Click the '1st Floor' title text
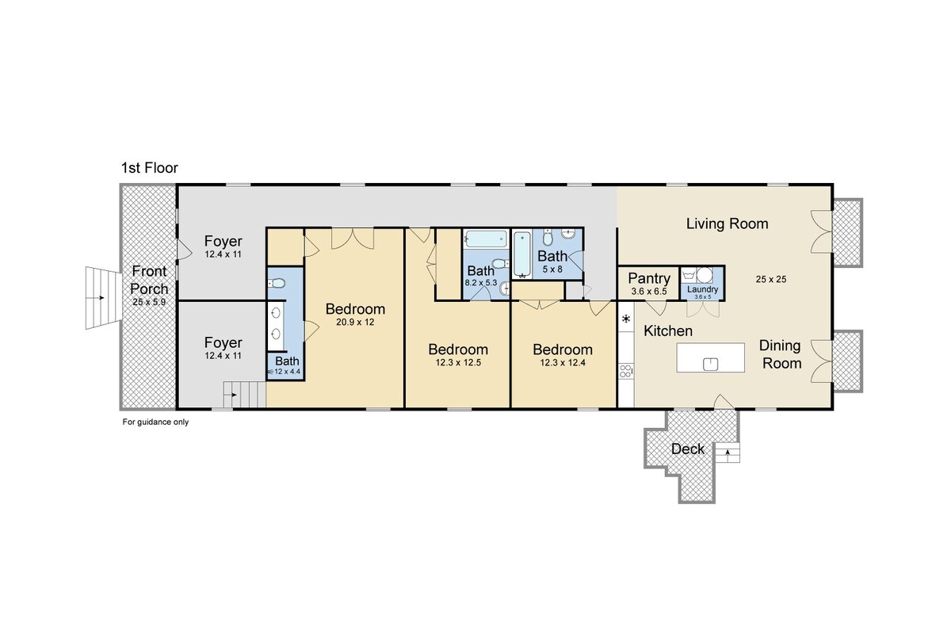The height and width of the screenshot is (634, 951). point(150,168)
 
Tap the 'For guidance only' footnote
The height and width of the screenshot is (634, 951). point(155,422)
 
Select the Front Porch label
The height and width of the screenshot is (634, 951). point(149,280)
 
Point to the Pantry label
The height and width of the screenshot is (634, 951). point(649,278)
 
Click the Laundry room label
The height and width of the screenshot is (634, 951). point(703,289)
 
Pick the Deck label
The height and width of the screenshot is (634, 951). point(688,449)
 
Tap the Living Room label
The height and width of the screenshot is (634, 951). point(728,223)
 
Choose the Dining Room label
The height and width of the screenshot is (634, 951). point(781,354)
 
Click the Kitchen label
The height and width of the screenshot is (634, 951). point(668,330)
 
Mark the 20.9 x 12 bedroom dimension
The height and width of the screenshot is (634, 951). point(355,322)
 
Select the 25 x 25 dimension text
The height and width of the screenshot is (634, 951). point(771,279)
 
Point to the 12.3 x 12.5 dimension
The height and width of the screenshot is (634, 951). point(458,363)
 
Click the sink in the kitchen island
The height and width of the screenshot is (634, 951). point(710,364)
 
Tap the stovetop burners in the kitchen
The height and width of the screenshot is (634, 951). point(625,371)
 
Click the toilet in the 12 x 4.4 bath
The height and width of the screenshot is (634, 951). point(277,283)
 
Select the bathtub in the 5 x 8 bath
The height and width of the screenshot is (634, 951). point(521,254)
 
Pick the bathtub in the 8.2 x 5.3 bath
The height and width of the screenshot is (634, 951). point(485,239)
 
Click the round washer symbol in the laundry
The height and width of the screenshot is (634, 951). point(705,275)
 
